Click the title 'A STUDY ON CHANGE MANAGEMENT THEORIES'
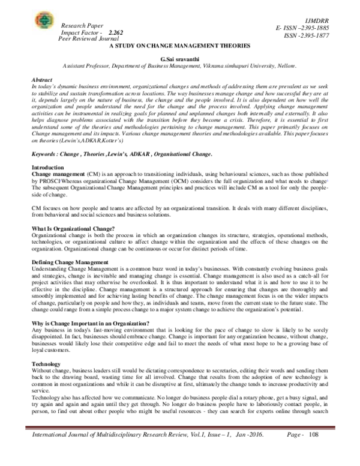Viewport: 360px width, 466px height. (179, 45)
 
